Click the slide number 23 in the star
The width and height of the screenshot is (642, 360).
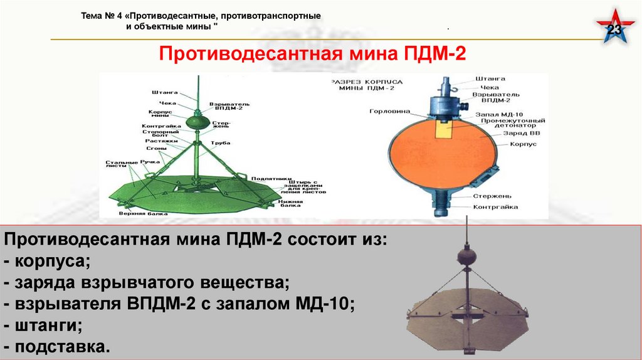point(615,31)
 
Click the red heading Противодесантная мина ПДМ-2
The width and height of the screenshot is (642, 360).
point(311,53)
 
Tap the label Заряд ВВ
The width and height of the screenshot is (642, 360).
point(499,134)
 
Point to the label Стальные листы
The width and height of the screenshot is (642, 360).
point(117,165)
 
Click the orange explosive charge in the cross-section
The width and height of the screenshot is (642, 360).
point(439,157)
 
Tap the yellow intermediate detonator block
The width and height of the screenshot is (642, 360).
point(444,128)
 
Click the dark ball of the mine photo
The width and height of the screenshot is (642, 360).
point(466,257)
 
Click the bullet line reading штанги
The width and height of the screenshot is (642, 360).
point(43,326)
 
